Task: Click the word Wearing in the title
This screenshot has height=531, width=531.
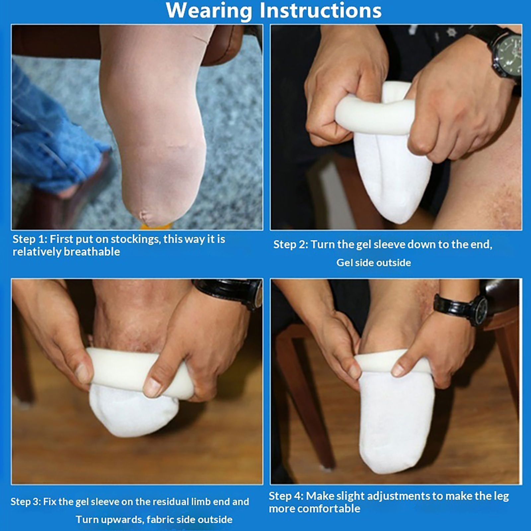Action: (209, 11)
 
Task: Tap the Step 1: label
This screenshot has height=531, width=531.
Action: (30, 239)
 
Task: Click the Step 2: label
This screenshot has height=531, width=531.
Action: (291, 245)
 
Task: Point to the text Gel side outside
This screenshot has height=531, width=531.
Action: (374, 263)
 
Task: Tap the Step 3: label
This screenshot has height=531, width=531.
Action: (25, 501)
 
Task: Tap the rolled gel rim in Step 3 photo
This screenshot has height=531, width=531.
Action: (139, 372)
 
